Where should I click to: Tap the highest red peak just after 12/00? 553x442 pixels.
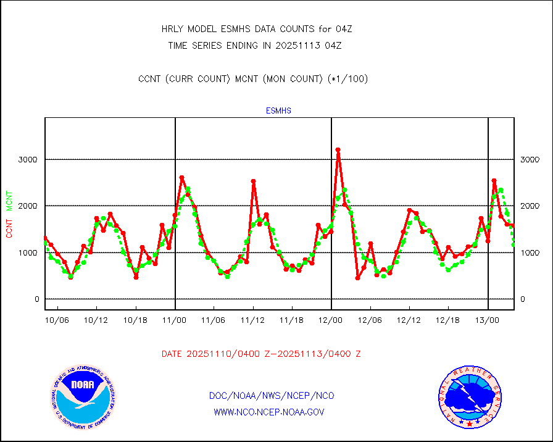pyautogui.click(x=338, y=150)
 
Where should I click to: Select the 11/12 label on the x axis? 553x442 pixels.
pyautogui.click(x=252, y=320)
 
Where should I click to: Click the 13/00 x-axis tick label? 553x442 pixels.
pyautogui.click(x=488, y=320)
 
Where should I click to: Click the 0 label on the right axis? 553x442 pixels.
pyautogui.click(x=522, y=299)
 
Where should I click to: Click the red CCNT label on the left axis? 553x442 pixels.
pyautogui.click(x=9, y=226)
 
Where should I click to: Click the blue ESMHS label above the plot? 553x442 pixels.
pyautogui.click(x=278, y=111)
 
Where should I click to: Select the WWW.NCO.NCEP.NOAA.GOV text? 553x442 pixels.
pyautogui.click(x=268, y=412)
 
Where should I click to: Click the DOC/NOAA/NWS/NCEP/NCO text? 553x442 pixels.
pyautogui.click(x=272, y=396)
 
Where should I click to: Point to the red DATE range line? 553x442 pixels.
pyautogui.click(x=261, y=354)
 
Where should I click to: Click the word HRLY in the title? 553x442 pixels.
pyautogui.click(x=172, y=29)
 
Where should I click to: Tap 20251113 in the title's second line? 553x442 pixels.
pyautogui.click(x=300, y=45)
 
